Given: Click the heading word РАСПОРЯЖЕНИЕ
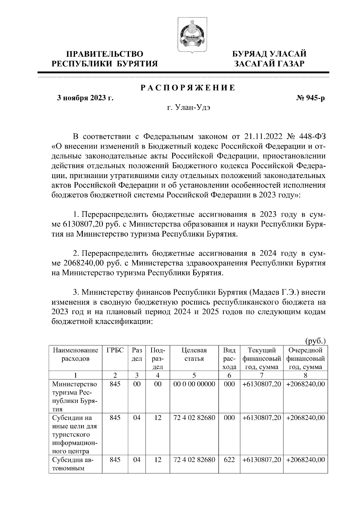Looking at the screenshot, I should tap(188, 88).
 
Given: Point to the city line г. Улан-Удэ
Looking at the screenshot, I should tap(188, 108).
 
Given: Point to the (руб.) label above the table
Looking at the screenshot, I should tap(315, 341).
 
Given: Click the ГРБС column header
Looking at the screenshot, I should tap(115, 350).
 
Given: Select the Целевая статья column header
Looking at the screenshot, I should tap(194, 355).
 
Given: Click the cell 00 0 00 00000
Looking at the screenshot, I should tap(194, 384).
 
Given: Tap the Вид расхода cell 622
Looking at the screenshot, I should tap(229, 460).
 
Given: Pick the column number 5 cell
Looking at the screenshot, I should tap(194, 375).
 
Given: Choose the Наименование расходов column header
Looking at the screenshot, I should tap(75, 355).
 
